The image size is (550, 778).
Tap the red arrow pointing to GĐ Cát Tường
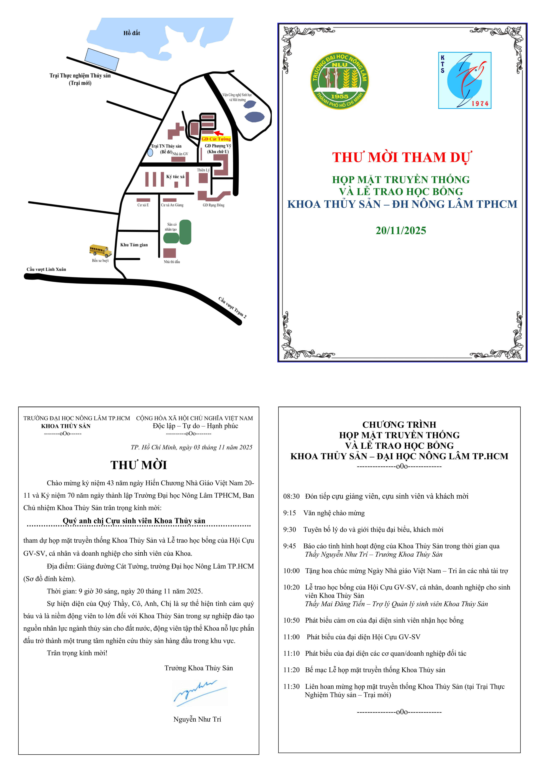pos(219,133)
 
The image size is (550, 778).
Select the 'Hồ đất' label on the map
pos(132,33)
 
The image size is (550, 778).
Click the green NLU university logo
pos(340,81)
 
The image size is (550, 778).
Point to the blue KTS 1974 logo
pos(465,80)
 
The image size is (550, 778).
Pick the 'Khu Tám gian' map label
pos(134,245)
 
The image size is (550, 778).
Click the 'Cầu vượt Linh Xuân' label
pos(46,269)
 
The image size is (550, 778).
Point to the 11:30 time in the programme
pos(292,686)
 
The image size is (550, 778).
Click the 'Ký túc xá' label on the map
pos(175,177)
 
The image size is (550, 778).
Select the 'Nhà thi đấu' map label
pos(172,262)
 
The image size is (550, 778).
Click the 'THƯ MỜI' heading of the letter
pos(139,465)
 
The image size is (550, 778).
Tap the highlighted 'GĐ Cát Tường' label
pos(216,139)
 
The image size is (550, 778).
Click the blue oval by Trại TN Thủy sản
pos(150,153)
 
